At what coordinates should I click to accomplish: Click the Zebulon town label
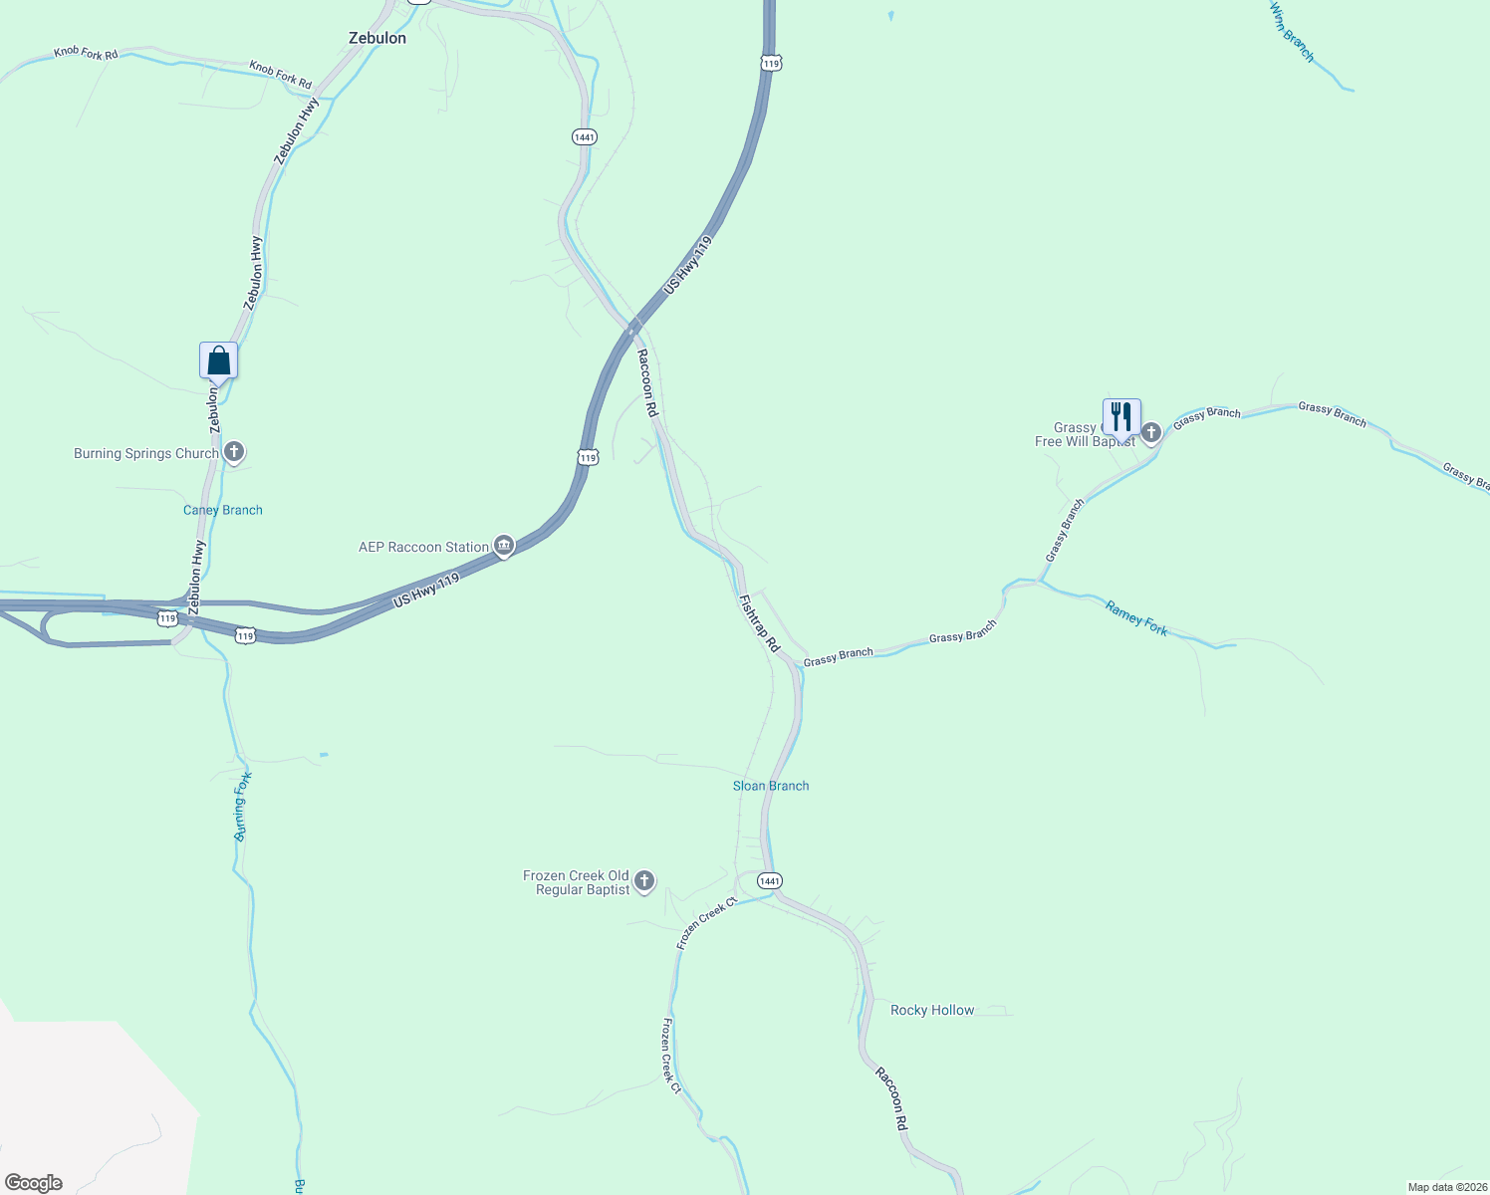(x=377, y=38)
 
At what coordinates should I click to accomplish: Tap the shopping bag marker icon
(x=218, y=360)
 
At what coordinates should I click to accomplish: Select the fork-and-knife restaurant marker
(x=1121, y=416)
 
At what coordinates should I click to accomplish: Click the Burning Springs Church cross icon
(x=234, y=453)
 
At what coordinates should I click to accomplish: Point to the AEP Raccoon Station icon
(x=504, y=546)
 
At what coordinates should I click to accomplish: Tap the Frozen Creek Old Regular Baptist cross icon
(x=644, y=880)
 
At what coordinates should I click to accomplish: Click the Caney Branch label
(x=223, y=510)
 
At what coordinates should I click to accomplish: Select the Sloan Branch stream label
(x=771, y=786)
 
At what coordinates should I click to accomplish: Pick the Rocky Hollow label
(x=932, y=1010)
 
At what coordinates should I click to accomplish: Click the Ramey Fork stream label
(x=1136, y=617)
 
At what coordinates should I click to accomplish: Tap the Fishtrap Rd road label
(x=759, y=623)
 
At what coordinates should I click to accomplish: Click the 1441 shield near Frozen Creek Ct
(x=769, y=881)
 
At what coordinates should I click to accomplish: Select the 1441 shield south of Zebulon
(x=585, y=136)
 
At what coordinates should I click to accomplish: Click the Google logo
(x=34, y=1183)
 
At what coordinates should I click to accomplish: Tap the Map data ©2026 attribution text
(x=1446, y=1187)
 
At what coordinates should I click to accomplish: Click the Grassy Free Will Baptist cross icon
(x=1151, y=432)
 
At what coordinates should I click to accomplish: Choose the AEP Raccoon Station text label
(x=424, y=547)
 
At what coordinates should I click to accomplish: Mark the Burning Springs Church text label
(x=146, y=453)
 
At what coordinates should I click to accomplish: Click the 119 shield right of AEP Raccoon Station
(x=588, y=457)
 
